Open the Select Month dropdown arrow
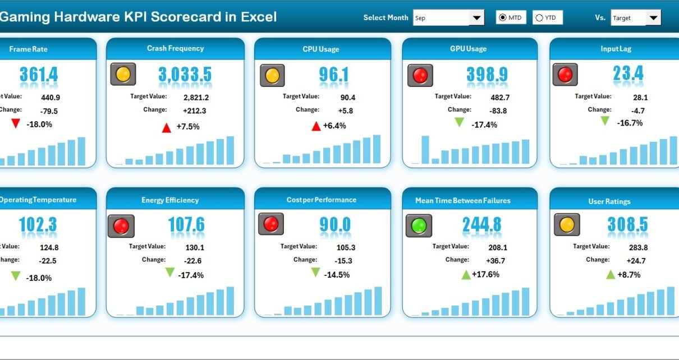(476, 18)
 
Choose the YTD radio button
(539, 18)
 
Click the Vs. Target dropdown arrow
(653, 18)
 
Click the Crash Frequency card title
(175, 48)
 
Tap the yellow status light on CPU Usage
(272, 75)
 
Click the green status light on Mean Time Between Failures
(418, 225)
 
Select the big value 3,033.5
(185, 75)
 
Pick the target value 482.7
(486, 97)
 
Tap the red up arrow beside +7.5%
(166, 128)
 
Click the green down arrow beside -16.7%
(605, 121)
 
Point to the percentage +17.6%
(486, 274)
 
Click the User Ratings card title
(609, 201)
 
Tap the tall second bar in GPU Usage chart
(425, 150)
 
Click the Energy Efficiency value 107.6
(186, 225)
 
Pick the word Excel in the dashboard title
(259, 17)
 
